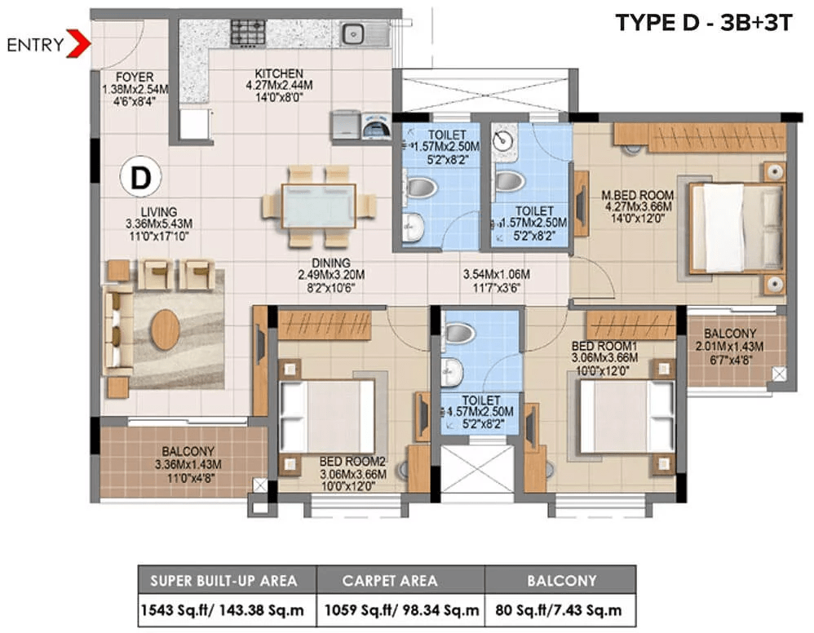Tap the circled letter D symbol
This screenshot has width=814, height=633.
tap(140, 178)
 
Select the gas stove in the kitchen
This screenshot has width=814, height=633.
tap(248, 32)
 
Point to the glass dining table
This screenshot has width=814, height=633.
tap(318, 206)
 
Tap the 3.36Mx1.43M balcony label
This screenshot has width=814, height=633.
tap(188, 464)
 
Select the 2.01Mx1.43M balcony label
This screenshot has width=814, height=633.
tap(729, 347)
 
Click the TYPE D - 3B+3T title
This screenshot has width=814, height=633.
tap(703, 24)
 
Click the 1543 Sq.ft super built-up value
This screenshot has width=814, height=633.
tap(222, 610)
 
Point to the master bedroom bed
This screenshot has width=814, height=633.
tap(737, 228)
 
